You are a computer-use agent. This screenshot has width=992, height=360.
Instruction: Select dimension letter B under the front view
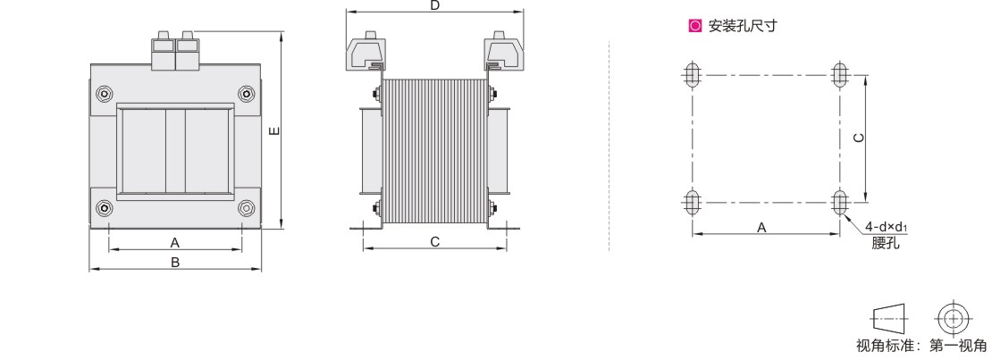(176, 262)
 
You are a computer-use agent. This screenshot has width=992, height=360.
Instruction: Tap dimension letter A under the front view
(176, 242)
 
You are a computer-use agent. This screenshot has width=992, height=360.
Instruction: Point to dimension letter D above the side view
(434, 5)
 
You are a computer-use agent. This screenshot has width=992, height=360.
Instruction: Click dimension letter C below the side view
(434, 242)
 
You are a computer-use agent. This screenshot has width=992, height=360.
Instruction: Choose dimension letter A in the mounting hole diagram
(761, 227)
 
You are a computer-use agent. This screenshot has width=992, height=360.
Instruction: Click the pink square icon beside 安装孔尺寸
(695, 26)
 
